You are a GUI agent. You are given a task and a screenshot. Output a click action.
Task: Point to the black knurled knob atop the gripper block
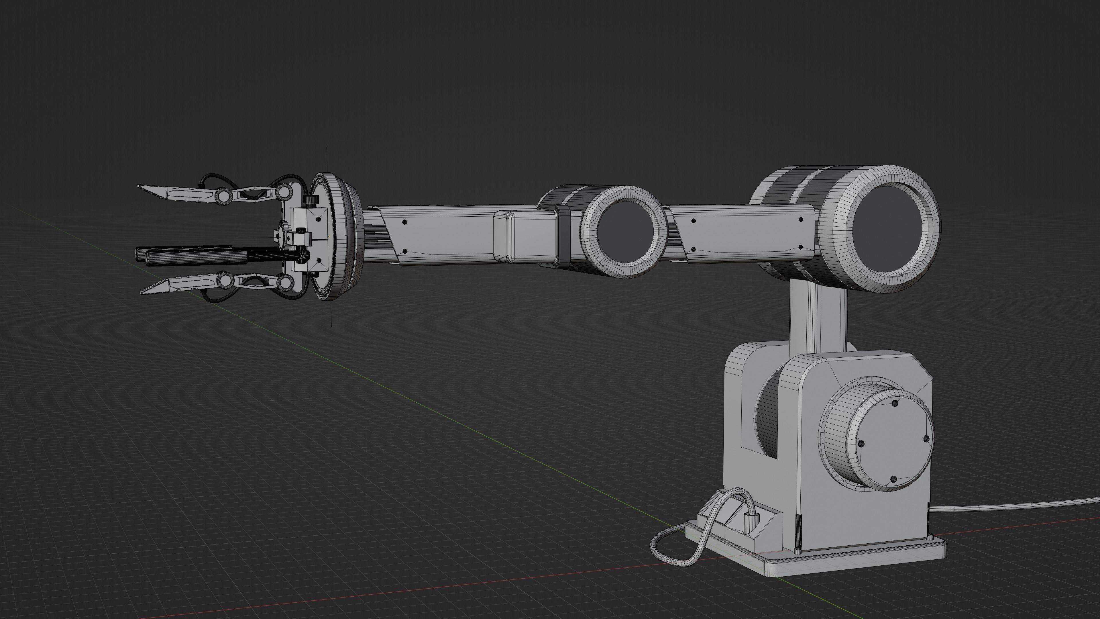pos(311,199)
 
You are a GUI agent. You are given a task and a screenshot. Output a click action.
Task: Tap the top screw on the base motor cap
pos(895,403)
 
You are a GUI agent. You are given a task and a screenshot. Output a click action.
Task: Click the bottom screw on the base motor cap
pos(893,480)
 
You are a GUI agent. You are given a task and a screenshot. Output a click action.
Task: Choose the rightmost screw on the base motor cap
pos(926,439)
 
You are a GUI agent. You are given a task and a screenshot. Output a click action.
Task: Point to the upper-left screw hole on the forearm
pos(404,222)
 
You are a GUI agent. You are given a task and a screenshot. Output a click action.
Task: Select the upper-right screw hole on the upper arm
pos(801,220)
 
